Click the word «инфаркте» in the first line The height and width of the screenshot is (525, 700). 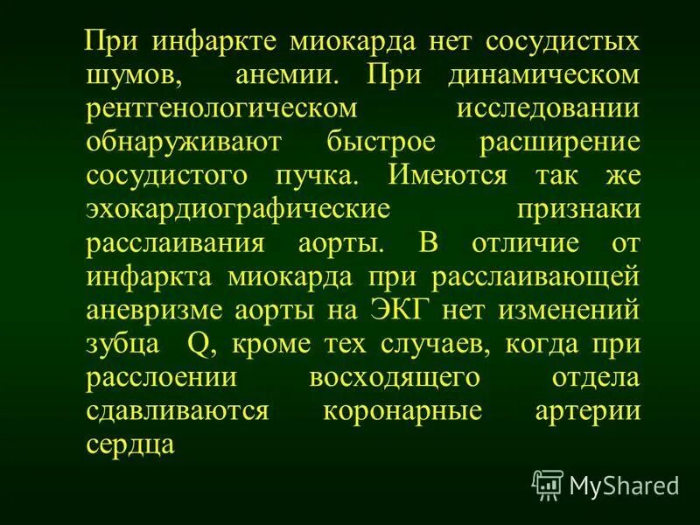pos(213,41)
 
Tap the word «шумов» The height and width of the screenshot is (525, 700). pos(134,74)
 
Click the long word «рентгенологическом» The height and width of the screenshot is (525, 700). pos(222,108)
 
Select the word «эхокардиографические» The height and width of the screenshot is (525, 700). pos(237,209)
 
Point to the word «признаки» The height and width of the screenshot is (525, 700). pos(578,209)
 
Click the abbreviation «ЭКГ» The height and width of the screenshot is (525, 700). pos(399,310)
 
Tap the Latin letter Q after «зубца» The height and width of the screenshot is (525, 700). pos(199,343)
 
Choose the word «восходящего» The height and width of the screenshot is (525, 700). pos(394,376)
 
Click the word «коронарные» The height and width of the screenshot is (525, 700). pos(403,409)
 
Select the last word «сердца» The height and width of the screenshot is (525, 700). pos(131,444)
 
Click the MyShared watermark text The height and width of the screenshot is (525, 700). pos(624,485)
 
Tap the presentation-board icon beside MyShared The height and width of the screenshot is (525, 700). pos(548,484)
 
